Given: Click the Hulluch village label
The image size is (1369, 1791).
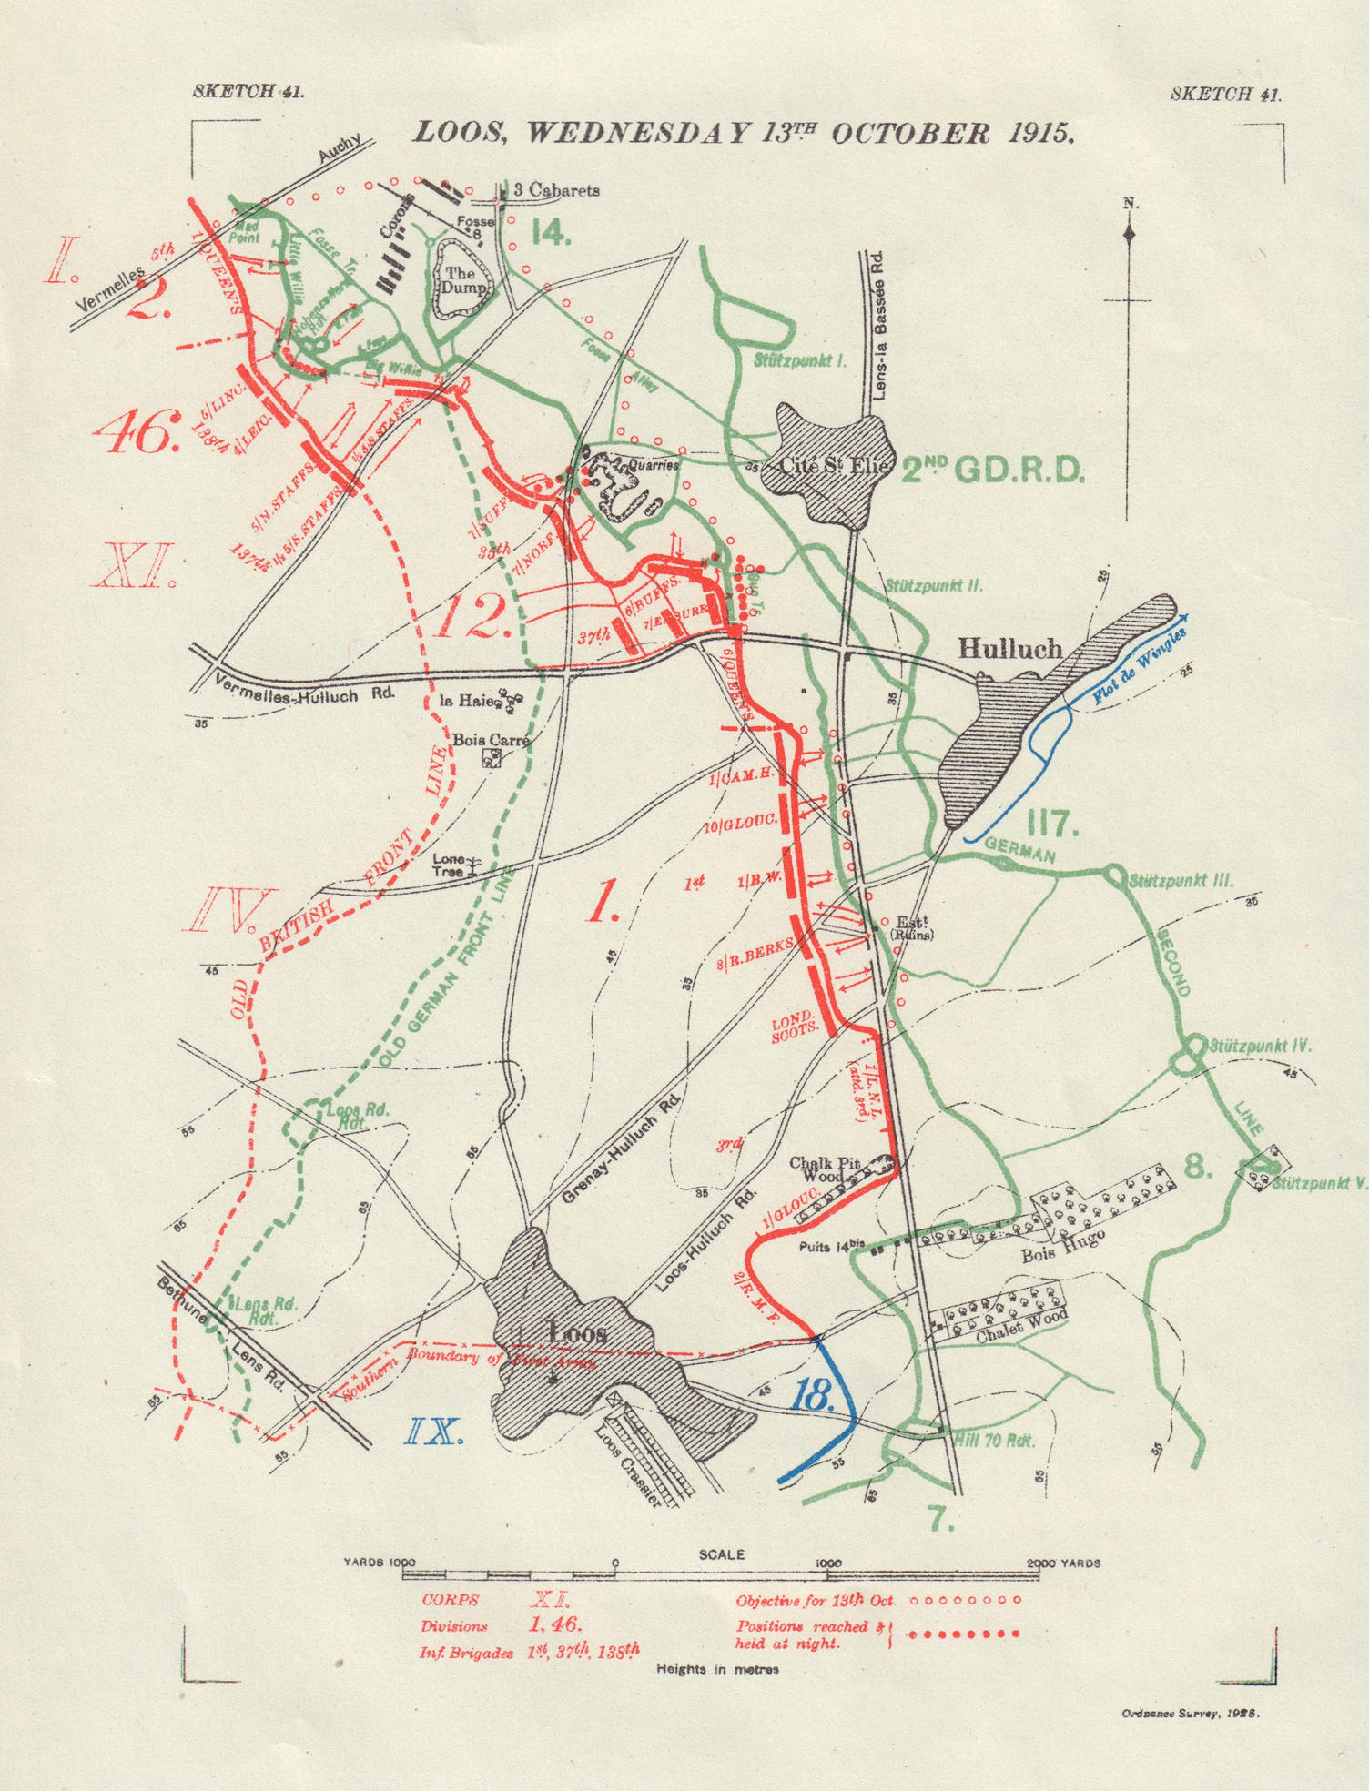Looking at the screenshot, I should click(x=1010, y=648).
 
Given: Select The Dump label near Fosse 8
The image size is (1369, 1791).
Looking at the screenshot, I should click(x=460, y=279).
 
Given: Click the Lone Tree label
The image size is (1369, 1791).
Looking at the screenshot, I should click(x=449, y=865).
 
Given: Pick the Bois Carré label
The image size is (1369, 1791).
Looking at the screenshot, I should click(x=491, y=740).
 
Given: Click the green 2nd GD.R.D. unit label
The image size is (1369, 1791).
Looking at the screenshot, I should click(x=993, y=470).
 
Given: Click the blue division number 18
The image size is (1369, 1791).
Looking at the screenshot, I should click(x=814, y=1393).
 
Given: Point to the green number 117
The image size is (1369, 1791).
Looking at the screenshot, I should click(x=1051, y=825).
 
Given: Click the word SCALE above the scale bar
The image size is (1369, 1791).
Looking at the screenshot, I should click(x=721, y=1554).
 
